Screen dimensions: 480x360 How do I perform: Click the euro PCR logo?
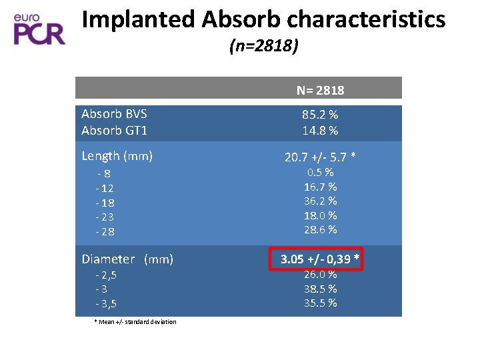(39, 29)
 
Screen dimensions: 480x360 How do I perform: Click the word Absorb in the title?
(241, 19)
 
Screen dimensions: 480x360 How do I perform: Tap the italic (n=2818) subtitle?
(264, 46)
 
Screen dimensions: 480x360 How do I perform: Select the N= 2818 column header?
(320, 90)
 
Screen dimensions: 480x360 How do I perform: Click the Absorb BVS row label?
(114, 114)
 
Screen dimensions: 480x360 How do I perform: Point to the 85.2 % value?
(320, 115)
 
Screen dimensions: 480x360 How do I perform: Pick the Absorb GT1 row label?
(114, 131)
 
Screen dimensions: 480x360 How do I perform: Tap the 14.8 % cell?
(320, 131)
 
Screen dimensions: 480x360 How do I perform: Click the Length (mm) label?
(117, 156)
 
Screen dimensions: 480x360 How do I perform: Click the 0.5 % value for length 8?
(320, 172)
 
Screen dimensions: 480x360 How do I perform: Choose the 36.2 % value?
(320, 201)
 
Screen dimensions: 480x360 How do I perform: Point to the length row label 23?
(105, 217)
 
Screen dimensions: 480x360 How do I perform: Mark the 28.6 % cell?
(320, 229)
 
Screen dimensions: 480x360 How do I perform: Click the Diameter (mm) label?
(127, 259)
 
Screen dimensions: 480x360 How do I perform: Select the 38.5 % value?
(320, 289)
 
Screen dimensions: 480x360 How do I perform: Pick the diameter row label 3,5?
(106, 304)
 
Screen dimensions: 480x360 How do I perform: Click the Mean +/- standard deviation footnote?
(135, 322)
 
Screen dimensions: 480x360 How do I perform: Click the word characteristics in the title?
(366, 19)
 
